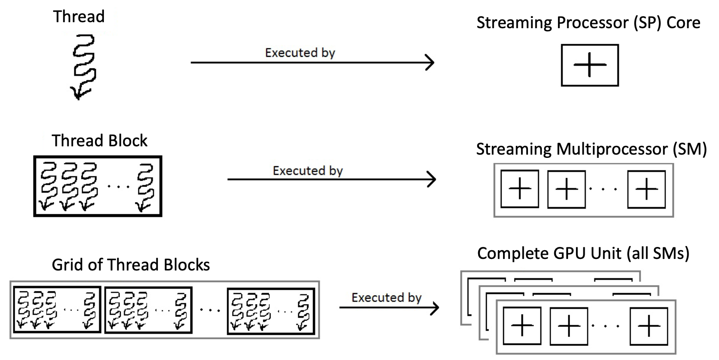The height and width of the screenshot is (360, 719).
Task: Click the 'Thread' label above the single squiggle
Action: click(79, 17)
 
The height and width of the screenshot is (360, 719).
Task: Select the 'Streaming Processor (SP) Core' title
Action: click(588, 23)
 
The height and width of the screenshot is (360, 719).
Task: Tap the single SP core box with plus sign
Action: click(589, 65)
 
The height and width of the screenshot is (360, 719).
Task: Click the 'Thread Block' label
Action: click(100, 140)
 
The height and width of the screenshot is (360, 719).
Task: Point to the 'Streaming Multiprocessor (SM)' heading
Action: click(591, 150)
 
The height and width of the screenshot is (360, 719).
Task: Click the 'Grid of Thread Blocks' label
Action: click(131, 264)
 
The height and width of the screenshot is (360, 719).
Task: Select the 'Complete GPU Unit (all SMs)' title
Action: click(583, 253)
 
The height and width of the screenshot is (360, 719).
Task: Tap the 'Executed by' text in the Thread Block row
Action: click(308, 171)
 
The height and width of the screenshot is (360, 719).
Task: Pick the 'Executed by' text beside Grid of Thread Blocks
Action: click(386, 298)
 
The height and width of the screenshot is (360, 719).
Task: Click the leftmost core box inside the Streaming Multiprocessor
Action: click(520, 189)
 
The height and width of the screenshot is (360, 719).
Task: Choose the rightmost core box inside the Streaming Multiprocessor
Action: click(646, 189)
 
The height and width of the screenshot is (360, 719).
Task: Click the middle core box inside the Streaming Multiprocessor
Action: click(566, 189)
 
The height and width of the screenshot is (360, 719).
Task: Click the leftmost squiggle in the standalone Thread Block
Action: click(47, 186)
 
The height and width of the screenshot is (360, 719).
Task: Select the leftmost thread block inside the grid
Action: click(57, 310)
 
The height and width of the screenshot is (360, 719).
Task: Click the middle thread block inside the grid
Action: click(149, 310)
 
